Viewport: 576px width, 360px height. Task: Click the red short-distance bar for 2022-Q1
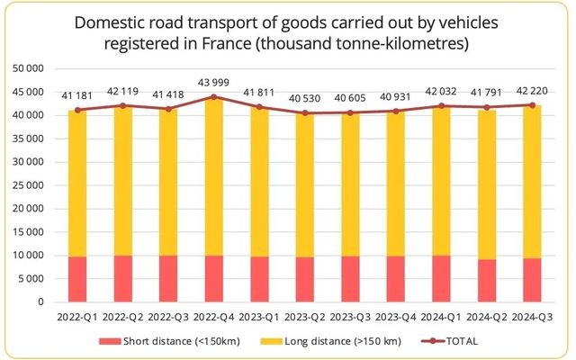tap(77, 279)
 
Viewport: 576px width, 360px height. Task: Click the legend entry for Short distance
tap(177, 341)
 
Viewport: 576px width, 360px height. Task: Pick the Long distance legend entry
tap(328, 341)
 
